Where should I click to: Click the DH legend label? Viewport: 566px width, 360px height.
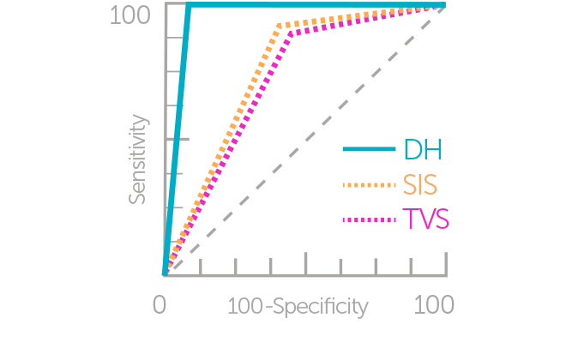(422, 150)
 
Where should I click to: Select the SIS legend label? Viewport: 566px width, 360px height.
(422, 184)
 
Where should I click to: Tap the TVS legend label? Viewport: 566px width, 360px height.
(425, 220)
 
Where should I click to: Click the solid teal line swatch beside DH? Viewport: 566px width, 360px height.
(370, 150)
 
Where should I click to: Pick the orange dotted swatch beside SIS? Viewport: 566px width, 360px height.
(370, 184)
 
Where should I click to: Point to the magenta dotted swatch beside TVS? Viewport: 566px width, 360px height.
(370, 220)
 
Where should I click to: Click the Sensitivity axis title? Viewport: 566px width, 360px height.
(138, 159)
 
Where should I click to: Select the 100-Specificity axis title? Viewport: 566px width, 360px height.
(298, 306)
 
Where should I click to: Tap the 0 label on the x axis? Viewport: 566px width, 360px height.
(160, 305)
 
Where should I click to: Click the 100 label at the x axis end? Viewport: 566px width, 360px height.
(433, 305)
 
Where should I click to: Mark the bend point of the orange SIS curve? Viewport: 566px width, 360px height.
(280, 26)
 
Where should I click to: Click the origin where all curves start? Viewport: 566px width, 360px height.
(165, 274)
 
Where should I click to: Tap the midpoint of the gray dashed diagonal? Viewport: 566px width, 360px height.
(305, 141)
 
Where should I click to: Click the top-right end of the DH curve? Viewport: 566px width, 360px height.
(444, 6)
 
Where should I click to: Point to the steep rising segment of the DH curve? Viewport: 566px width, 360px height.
(177, 137)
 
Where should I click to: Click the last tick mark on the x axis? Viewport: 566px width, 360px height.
(444, 267)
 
